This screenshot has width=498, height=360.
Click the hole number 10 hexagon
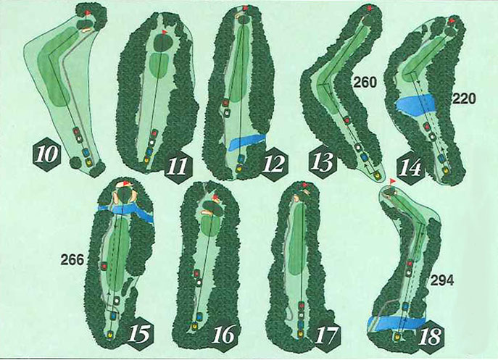47,154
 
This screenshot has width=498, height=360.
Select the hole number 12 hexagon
275,164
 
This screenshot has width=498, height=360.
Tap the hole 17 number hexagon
327,334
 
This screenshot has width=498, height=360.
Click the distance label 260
365,83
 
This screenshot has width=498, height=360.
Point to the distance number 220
464,99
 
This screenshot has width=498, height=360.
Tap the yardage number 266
72,260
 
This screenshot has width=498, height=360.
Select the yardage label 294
441,280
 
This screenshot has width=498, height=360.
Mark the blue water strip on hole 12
246,141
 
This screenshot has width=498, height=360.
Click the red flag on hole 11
165,32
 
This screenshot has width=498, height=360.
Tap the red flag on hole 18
393,182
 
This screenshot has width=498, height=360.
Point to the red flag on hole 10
88,13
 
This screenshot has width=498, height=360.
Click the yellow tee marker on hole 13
378,175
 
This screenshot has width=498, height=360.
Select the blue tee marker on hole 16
199,317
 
